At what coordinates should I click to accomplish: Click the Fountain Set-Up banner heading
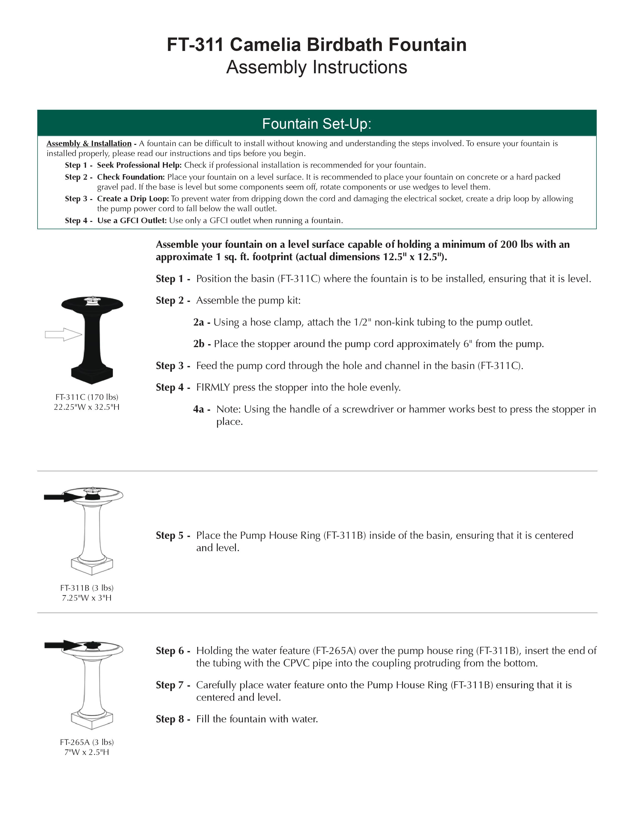pyautogui.click(x=317, y=123)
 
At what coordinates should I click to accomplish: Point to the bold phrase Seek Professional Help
pyautogui.click(x=139, y=165)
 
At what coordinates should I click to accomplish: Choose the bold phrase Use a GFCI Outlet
pyautogui.click(x=132, y=220)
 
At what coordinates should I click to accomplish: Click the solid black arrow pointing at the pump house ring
pyautogui.click(x=60, y=497)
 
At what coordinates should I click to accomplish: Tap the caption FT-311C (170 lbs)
pyautogui.click(x=87, y=397)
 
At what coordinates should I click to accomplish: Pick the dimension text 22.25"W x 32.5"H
pyautogui.click(x=87, y=407)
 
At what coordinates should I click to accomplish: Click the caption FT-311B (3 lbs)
pyautogui.click(x=87, y=588)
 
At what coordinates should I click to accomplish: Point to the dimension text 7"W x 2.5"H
pyautogui.click(x=87, y=752)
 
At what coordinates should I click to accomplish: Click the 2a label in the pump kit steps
pyautogui.click(x=199, y=322)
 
